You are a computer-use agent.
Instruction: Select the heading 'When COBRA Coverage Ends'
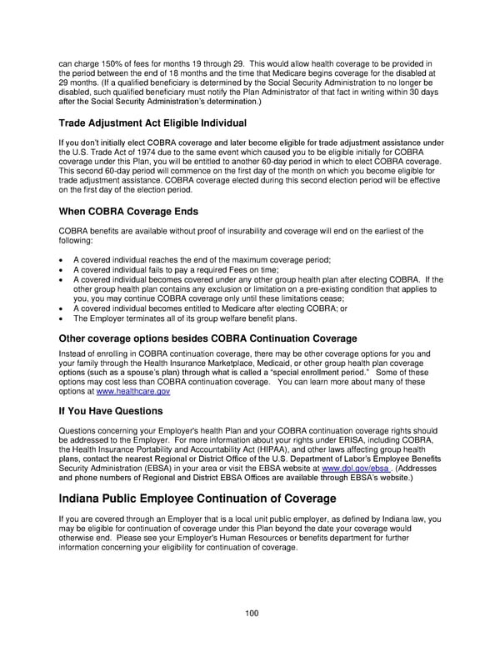click(127, 212)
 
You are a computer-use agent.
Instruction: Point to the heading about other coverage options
click(207, 339)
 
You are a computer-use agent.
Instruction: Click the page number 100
click(251, 613)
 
